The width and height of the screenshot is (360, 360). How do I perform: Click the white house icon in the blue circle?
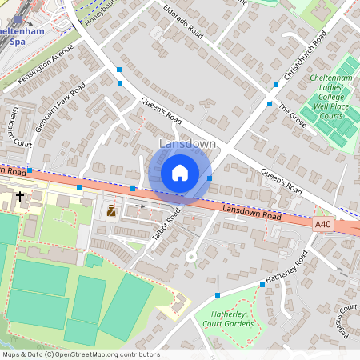point(180,173)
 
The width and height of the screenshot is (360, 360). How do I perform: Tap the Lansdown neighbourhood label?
point(188,144)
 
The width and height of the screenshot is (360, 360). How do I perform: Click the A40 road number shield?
point(322,226)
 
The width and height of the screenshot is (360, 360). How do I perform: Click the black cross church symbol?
point(19,195)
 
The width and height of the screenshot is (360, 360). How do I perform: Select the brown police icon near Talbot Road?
point(111,212)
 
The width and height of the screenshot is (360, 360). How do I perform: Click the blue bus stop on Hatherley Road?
point(262,285)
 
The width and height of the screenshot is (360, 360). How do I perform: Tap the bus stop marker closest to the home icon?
point(210,178)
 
